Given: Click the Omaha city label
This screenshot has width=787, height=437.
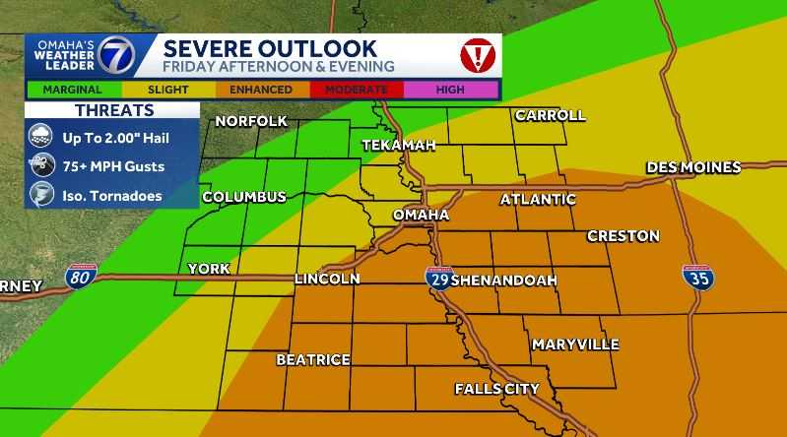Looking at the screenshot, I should pyautogui.click(x=421, y=215).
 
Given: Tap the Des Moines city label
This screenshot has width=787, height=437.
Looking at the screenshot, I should pyautogui.click(x=693, y=167).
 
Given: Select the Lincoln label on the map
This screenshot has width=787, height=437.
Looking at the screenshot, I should pyautogui.click(x=327, y=280).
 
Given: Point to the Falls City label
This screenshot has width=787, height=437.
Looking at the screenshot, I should pyautogui.click(x=496, y=389).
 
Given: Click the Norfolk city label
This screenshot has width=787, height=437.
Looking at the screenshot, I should pyautogui.click(x=251, y=121).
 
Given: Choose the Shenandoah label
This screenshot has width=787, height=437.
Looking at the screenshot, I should pyautogui.click(x=503, y=281).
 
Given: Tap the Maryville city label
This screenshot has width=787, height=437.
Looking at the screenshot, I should pyautogui.click(x=575, y=344).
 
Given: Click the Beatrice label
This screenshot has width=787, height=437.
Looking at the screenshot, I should pyautogui.click(x=313, y=360).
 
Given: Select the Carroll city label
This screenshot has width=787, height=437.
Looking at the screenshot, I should pyautogui.click(x=550, y=115).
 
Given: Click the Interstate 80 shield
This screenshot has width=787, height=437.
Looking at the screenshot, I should pyautogui.click(x=82, y=278).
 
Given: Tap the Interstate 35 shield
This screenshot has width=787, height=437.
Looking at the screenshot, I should pyautogui.click(x=699, y=278).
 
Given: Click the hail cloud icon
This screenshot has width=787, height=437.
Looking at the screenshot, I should pyautogui.click(x=42, y=138).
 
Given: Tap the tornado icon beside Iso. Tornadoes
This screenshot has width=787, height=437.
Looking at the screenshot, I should pyautogui.click(x=42, y=195).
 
